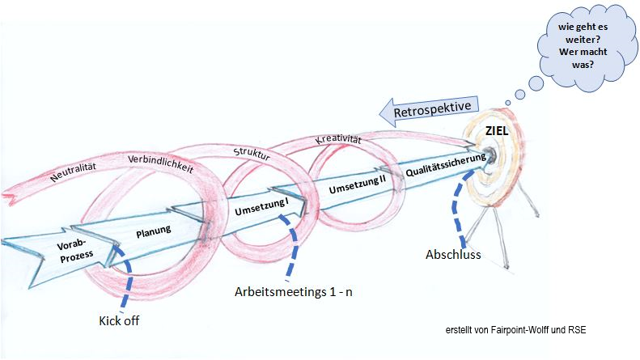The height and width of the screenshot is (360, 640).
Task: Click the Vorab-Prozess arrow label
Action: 76,251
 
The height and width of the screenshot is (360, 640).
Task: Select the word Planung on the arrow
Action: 154,231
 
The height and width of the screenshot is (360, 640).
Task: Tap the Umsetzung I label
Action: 261,207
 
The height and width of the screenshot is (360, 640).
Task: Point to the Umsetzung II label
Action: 357,185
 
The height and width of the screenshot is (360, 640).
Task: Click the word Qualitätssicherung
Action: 446,164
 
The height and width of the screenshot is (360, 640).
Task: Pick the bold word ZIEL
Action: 497,131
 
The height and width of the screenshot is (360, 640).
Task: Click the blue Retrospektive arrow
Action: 429,109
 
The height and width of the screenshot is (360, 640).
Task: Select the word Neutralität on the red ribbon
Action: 73,172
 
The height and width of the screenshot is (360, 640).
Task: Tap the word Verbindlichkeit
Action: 160,164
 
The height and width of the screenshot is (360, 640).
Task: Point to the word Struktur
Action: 252,154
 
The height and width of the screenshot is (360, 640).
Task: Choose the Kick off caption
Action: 119,321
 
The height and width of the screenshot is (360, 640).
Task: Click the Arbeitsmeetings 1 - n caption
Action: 293,292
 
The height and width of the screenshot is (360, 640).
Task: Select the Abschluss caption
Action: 453,255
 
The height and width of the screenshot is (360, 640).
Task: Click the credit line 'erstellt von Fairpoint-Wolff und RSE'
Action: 515,330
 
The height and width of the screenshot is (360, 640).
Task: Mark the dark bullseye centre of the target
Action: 490,155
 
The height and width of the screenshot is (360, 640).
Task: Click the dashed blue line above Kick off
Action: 126,276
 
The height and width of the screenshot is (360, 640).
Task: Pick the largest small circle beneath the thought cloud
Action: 536,83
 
